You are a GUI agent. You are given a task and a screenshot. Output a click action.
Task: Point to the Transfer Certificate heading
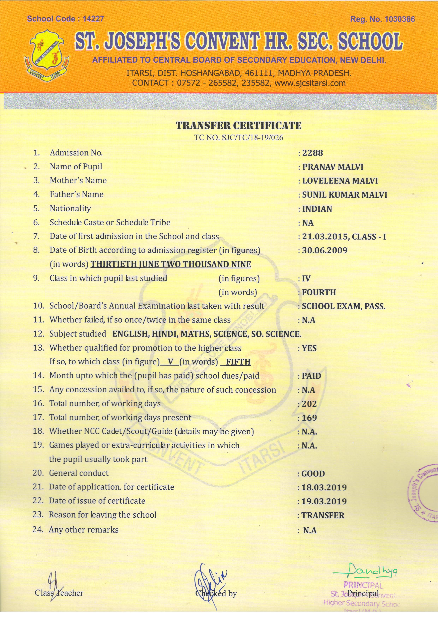tap(238, 126)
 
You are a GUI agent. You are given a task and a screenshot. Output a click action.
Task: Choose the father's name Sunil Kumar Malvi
tap(344, 195)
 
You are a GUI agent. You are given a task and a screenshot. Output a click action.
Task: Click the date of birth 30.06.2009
tap(325, 250)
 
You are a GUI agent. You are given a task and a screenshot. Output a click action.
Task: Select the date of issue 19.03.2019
tap(324, 501)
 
